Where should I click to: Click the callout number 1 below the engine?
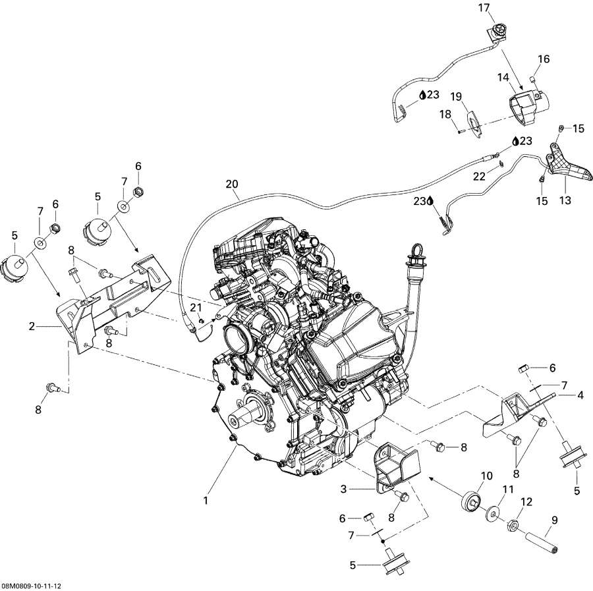point(206,501)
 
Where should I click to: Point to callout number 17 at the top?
point(484,8)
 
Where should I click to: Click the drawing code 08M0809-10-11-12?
point(36,585)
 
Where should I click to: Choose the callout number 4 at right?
point(580,395)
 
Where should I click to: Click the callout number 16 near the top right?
point(543,59)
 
